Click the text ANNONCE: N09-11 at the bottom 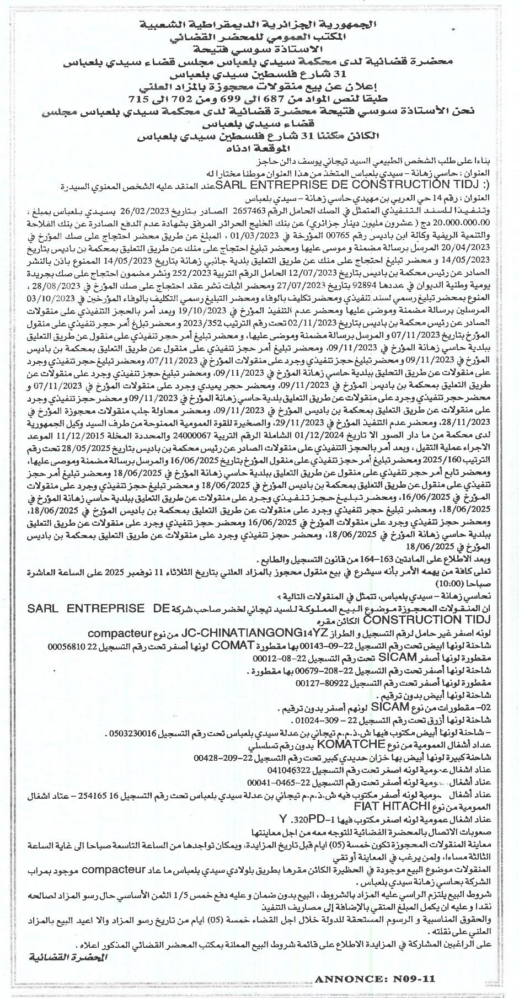pos(375,978)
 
